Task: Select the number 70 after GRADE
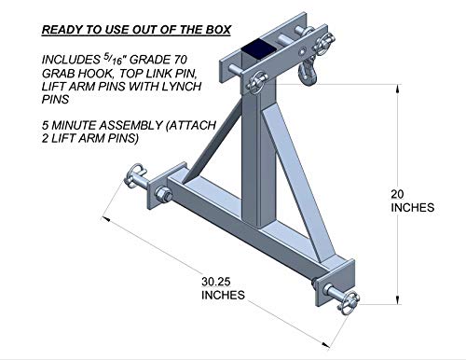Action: [179, 60]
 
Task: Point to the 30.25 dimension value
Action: [216, 282]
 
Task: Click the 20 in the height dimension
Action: [397, 194]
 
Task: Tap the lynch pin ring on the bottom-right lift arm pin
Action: [348, 302]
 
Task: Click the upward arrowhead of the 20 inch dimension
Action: [398, 89]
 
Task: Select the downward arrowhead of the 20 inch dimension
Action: [398, 299]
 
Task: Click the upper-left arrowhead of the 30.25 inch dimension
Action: [106, 219]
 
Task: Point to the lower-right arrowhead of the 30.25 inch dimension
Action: [325, 344]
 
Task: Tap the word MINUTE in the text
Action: [74, 125]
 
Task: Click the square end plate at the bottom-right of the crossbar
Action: [336, 282]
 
